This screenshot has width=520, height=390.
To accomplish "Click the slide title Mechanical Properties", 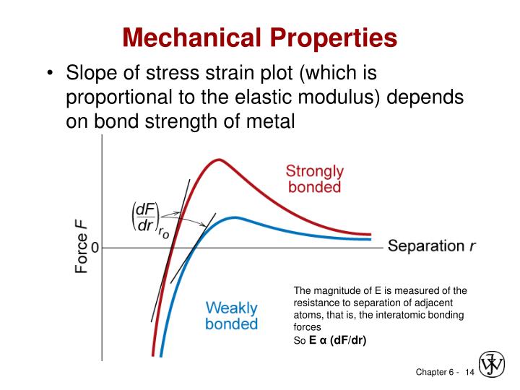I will point(259,37).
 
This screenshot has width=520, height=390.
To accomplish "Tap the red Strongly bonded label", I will point(314,179).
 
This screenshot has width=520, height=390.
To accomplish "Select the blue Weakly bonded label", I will point(231,316).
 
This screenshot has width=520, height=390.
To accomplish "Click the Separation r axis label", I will point(432,246).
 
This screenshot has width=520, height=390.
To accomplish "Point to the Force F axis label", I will point(82,247).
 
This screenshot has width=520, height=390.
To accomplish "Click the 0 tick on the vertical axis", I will point(95,248).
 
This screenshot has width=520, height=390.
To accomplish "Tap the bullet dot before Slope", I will point(48,74).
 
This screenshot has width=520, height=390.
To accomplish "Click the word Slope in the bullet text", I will point(92,74).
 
